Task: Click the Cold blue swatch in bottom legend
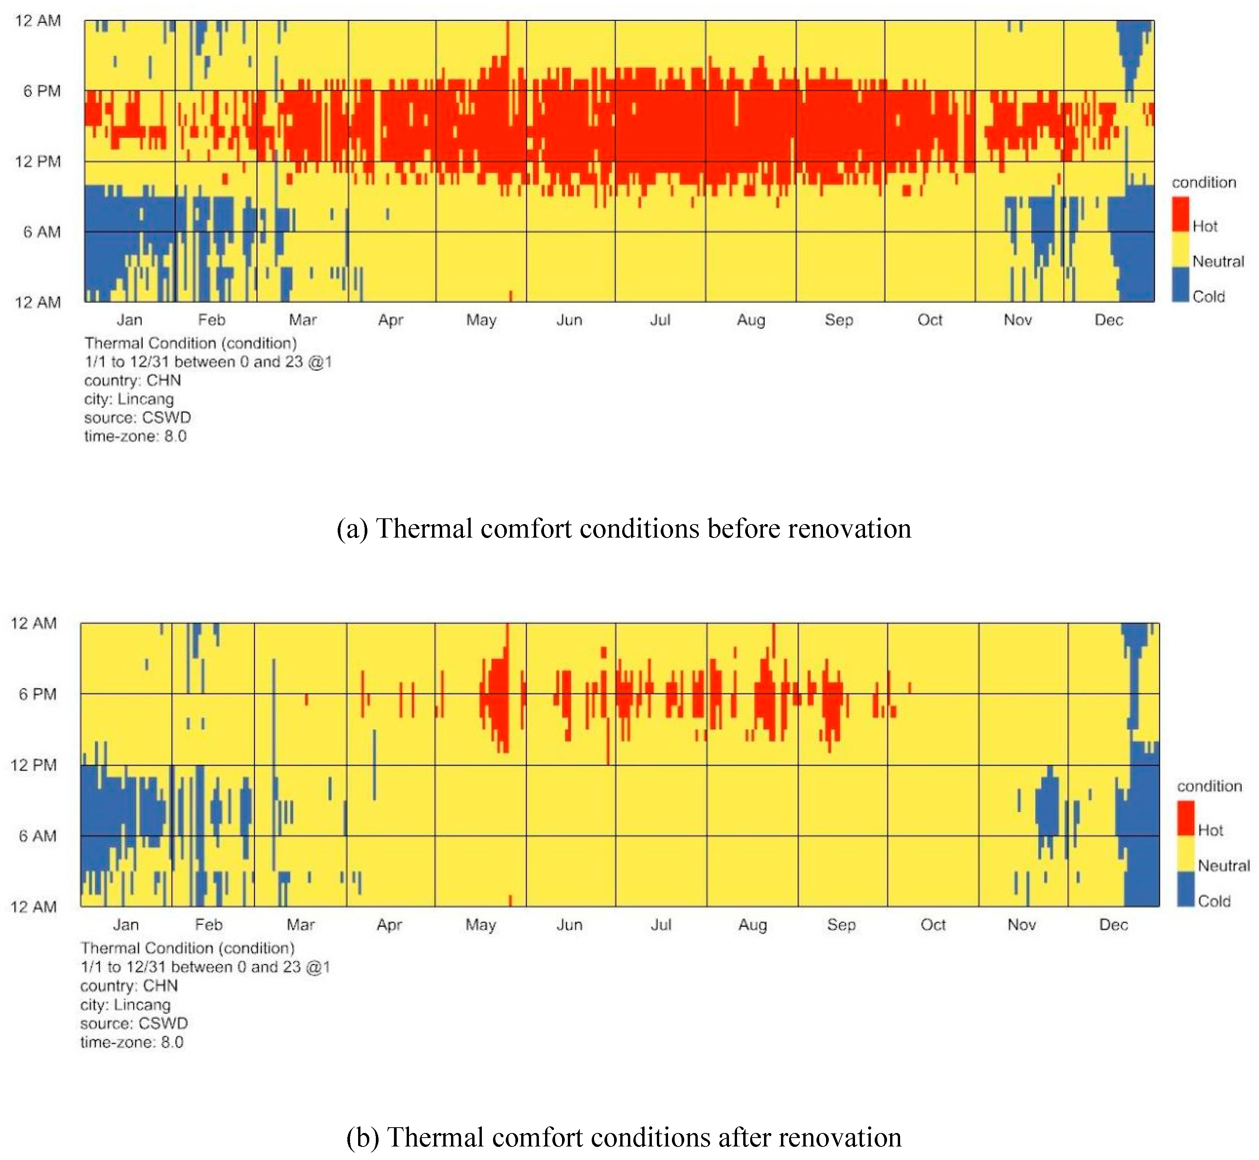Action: pyautogui.click(x=1185, y=888)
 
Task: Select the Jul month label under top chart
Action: pyautogui.click(x=660, y=320)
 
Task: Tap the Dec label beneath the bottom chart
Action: pyautogui.click(x=1113, y=925)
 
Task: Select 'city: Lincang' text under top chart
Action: pyautogui.click(x=129, y=399)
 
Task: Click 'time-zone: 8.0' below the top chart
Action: pyautogui.click(x=135, y=436)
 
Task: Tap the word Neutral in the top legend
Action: pyautogui.click(x=1218, y=261)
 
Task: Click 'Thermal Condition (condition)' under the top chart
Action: pyautogui.click(x=190, y=343)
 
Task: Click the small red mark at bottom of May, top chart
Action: pyautogui.click(x=510, y=296)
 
